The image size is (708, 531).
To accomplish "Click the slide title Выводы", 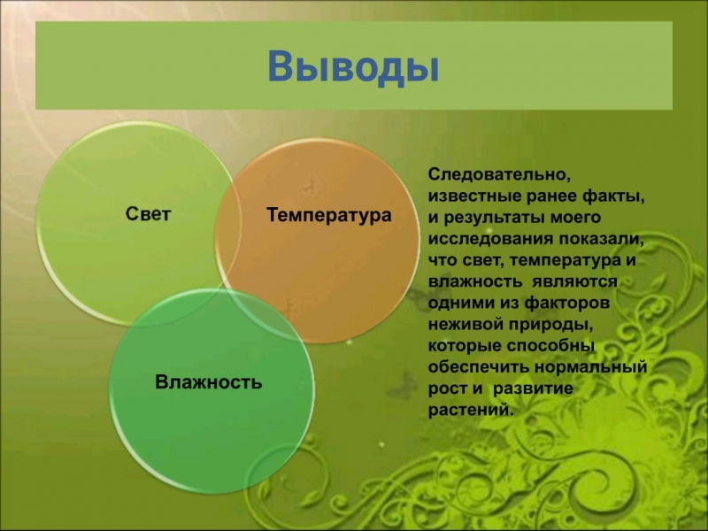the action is coord(353,67).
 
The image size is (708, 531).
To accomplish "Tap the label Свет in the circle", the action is coord(148,213).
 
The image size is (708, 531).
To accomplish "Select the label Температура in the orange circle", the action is coord(328,215).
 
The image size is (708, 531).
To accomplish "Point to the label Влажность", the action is coord(209,382).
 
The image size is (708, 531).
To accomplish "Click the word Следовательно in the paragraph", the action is coord(499,174).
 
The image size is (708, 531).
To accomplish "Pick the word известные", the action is coord(474,196).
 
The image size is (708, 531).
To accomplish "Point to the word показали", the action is coord(601,239).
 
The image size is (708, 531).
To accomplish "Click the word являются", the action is coord(574,281).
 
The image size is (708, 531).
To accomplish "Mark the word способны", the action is coord(550,345).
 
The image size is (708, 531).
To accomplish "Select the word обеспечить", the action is coord(478,366).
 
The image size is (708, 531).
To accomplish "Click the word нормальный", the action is coord(591,366).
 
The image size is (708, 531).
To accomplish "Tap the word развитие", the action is coord(533,389).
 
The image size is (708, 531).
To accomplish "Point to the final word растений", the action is coord(471,410).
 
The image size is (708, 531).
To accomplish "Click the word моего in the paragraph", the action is coord(573,218).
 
